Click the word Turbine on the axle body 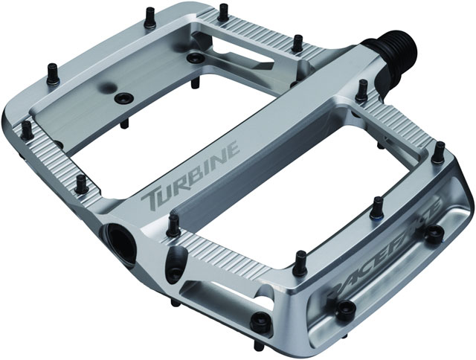[x=196, y=170]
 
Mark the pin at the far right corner [x=440, y=147]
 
